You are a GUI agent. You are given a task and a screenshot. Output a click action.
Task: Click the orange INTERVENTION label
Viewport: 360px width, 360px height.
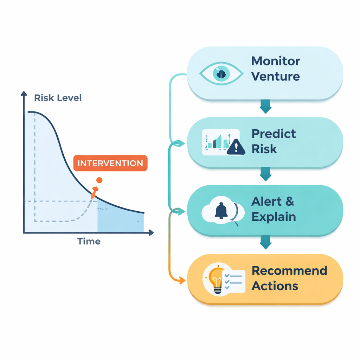tap(110, 163)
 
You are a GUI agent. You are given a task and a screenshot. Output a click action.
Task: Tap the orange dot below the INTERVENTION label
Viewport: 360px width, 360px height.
tap(99, 180)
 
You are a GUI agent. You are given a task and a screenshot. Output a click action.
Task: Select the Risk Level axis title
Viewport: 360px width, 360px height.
tap(58, 98)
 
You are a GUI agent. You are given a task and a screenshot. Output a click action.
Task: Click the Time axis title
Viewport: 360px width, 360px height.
tap(89, 241)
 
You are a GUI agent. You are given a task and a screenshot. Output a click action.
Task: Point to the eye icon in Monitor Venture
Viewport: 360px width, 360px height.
tap(221, 74)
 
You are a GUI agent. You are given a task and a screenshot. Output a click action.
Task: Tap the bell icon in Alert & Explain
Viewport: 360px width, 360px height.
tap(221, 211)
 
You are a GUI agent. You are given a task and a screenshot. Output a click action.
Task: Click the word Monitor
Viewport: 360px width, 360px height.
tap(276, 61)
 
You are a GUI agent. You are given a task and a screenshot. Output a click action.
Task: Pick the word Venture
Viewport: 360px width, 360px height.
tap(276, 76)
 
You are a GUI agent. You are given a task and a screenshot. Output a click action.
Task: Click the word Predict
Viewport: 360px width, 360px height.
tap(274, 134)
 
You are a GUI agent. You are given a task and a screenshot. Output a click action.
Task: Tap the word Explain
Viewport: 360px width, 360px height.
tap(274, 217)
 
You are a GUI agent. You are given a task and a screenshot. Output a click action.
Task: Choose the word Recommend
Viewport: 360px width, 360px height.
tap(289, 270)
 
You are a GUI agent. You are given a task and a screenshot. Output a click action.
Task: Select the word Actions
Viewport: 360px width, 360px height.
tap(275, 286)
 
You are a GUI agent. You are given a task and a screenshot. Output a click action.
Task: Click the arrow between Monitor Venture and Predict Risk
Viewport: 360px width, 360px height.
tap(266, 107)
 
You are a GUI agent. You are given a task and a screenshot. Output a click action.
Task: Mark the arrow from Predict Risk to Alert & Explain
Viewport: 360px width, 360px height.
tap(266, 174)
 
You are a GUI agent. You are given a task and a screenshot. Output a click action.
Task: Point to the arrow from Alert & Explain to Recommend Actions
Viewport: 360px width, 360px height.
tap(266, 242)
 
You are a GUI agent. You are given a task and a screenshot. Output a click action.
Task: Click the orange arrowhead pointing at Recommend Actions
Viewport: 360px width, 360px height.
tap(182, 280)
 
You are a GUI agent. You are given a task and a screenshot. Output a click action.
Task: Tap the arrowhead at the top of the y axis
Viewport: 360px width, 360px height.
tap(24, 94)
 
